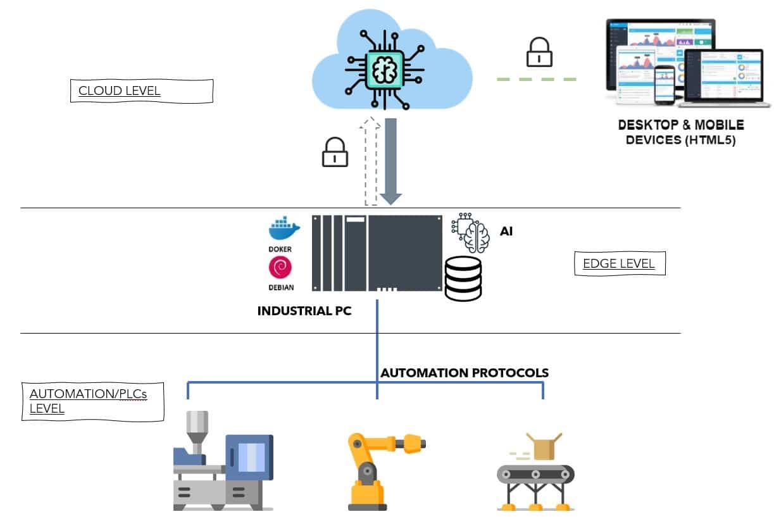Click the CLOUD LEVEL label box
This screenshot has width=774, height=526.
(141, 91)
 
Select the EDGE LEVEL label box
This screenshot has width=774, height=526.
(619, 263)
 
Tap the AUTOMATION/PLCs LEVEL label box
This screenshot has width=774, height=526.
(93, 401)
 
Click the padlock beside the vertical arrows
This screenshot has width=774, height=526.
(335, 153)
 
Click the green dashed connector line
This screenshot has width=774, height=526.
(536, 79)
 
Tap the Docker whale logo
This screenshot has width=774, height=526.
(280, 229)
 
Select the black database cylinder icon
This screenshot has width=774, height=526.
(463, 279)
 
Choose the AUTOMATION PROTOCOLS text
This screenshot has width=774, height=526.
(464, 373)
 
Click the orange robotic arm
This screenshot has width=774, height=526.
(377, 468)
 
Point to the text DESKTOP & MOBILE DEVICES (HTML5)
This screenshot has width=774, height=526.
(680, 132)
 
